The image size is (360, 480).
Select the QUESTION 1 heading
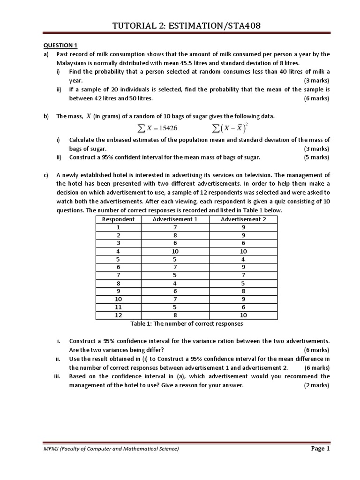click(x=60, y=45)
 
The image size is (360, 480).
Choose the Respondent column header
click(x=118, y=219)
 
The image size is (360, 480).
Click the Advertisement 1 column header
click(x=175, y=219)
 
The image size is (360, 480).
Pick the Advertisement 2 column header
click(x=243, y=219)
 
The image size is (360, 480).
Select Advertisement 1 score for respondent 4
click(x=175, y=251)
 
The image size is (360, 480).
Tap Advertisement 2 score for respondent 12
click(x=243, y=315)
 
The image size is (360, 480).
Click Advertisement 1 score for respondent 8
click(x=175, y=283)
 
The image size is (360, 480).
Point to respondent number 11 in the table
click(x=118, y=307)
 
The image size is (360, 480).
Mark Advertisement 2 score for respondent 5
click(x=243, y=259)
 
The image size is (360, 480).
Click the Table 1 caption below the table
click(x=186, y=324)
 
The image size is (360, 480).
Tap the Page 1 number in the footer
click(x=321, y=449)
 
